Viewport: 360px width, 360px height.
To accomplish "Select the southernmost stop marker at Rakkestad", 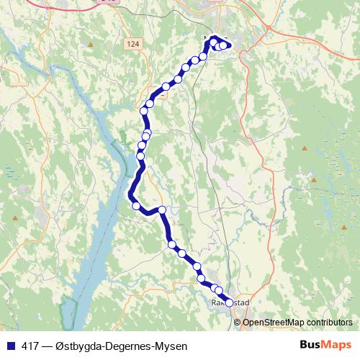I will click(230, 303).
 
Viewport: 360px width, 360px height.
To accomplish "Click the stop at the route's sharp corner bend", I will click(162, 210).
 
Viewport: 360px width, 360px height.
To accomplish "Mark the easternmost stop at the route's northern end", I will click(228, 45).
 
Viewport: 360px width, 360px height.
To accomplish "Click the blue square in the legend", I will click(10, 346).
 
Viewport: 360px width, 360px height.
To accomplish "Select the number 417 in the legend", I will click(31, 346).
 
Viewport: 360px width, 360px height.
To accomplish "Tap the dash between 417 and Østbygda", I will click(47, 346).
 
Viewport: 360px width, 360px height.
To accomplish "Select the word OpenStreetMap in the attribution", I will click(272, 323).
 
